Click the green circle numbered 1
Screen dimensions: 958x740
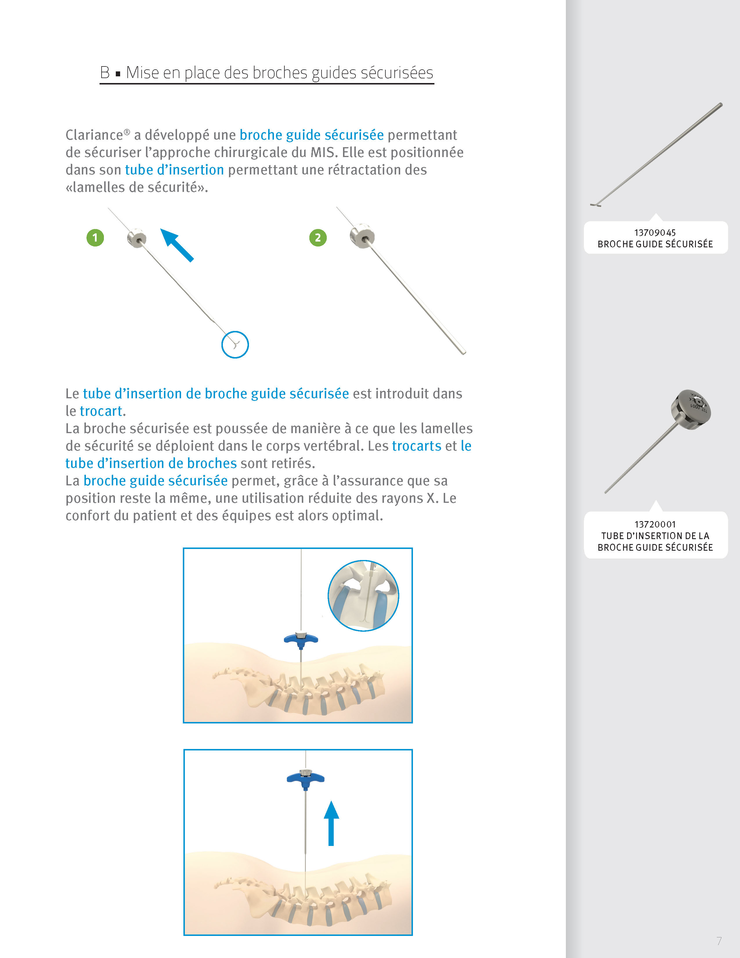coord(95,238)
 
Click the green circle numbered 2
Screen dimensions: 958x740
coord(318,238)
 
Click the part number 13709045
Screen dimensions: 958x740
coord(655,233)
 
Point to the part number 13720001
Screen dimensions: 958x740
coord(655,524)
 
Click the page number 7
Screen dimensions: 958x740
coord(719,941)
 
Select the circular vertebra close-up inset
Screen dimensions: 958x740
coord(363,596)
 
